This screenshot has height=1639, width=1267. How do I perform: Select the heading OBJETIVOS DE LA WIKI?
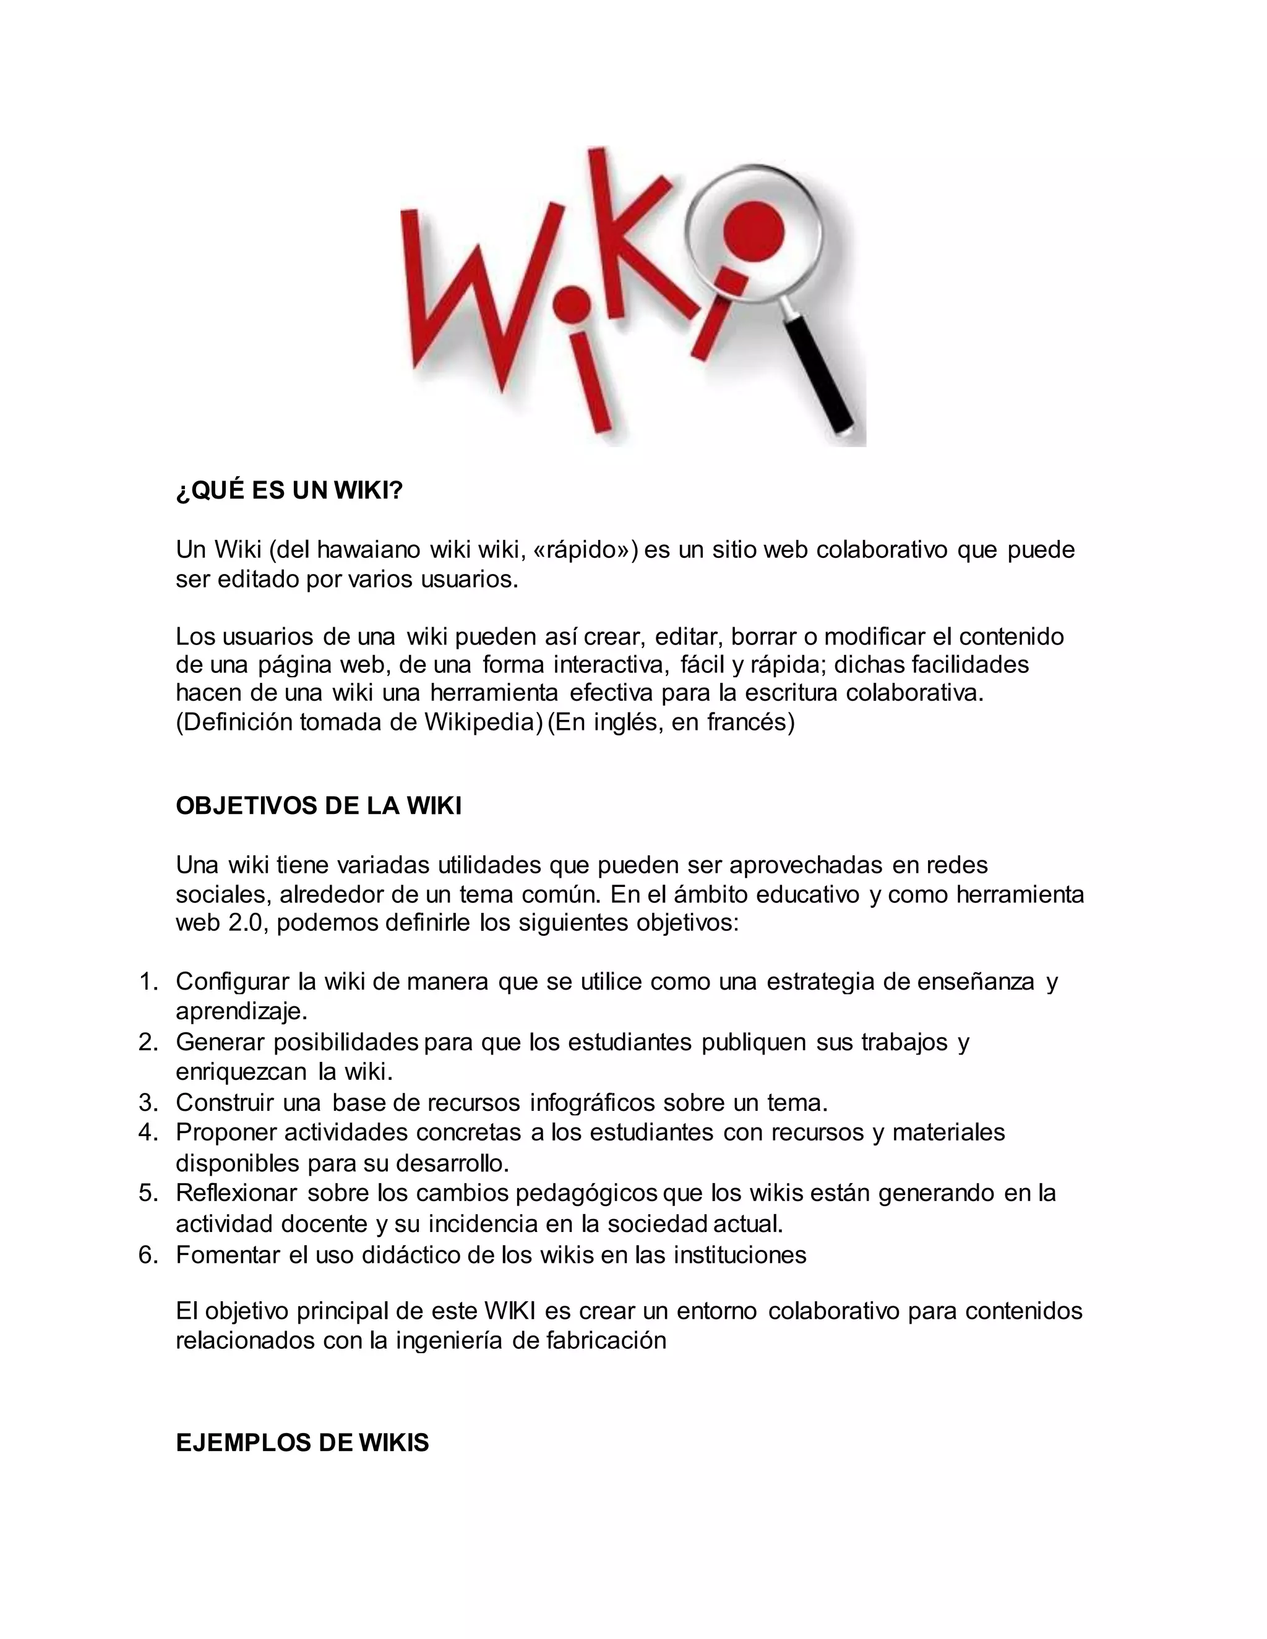pyautogui.click(x=318, y=806)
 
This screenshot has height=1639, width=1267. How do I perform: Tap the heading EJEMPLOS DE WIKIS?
pyautogui.click(x=302, y=1442)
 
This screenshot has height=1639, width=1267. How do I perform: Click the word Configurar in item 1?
pyautogui.click(x=232, y=982)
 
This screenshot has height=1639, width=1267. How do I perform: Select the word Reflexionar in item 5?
pyautogui.click(x=236, y=1192)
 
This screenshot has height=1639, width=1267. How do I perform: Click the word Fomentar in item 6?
pyautogui.click(x=228, y=1255)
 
